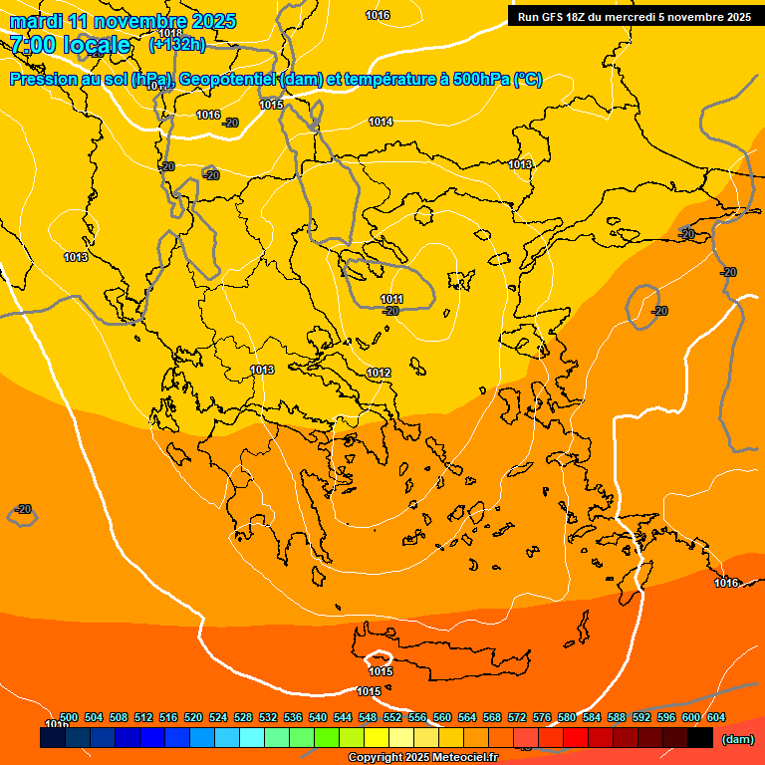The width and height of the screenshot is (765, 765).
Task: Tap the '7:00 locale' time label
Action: click(x=70, y=45)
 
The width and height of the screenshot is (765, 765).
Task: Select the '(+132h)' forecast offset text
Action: click(x=177, y=44)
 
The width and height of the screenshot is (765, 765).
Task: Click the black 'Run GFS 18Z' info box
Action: click(x=635, y=16)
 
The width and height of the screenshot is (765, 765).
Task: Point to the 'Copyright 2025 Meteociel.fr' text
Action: click(x=422, y=758)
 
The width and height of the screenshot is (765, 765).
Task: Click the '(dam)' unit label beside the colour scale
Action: click(x=737, y=739)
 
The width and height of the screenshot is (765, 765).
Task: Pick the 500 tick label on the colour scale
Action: click(x=69, y=717)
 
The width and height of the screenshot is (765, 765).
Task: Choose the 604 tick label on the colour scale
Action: click(x=716, y=717)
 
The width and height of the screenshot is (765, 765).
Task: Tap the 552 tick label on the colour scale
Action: click(x=392, y=717)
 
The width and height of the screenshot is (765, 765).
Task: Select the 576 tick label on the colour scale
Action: click(x=542, y=717)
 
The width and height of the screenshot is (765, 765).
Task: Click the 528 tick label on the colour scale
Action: click(x=243, y=717)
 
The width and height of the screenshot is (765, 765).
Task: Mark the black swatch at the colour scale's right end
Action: click(x=700, y=737)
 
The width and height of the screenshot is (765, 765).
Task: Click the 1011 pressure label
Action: click(x=391, y=299)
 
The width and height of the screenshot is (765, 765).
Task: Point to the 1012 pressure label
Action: click(x=379, y=373)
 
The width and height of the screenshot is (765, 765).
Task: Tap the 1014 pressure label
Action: click(x=381, y=122)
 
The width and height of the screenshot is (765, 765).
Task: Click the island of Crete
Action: click(x=448, y=652)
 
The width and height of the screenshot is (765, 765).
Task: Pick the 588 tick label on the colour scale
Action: click(x=617, y=717)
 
